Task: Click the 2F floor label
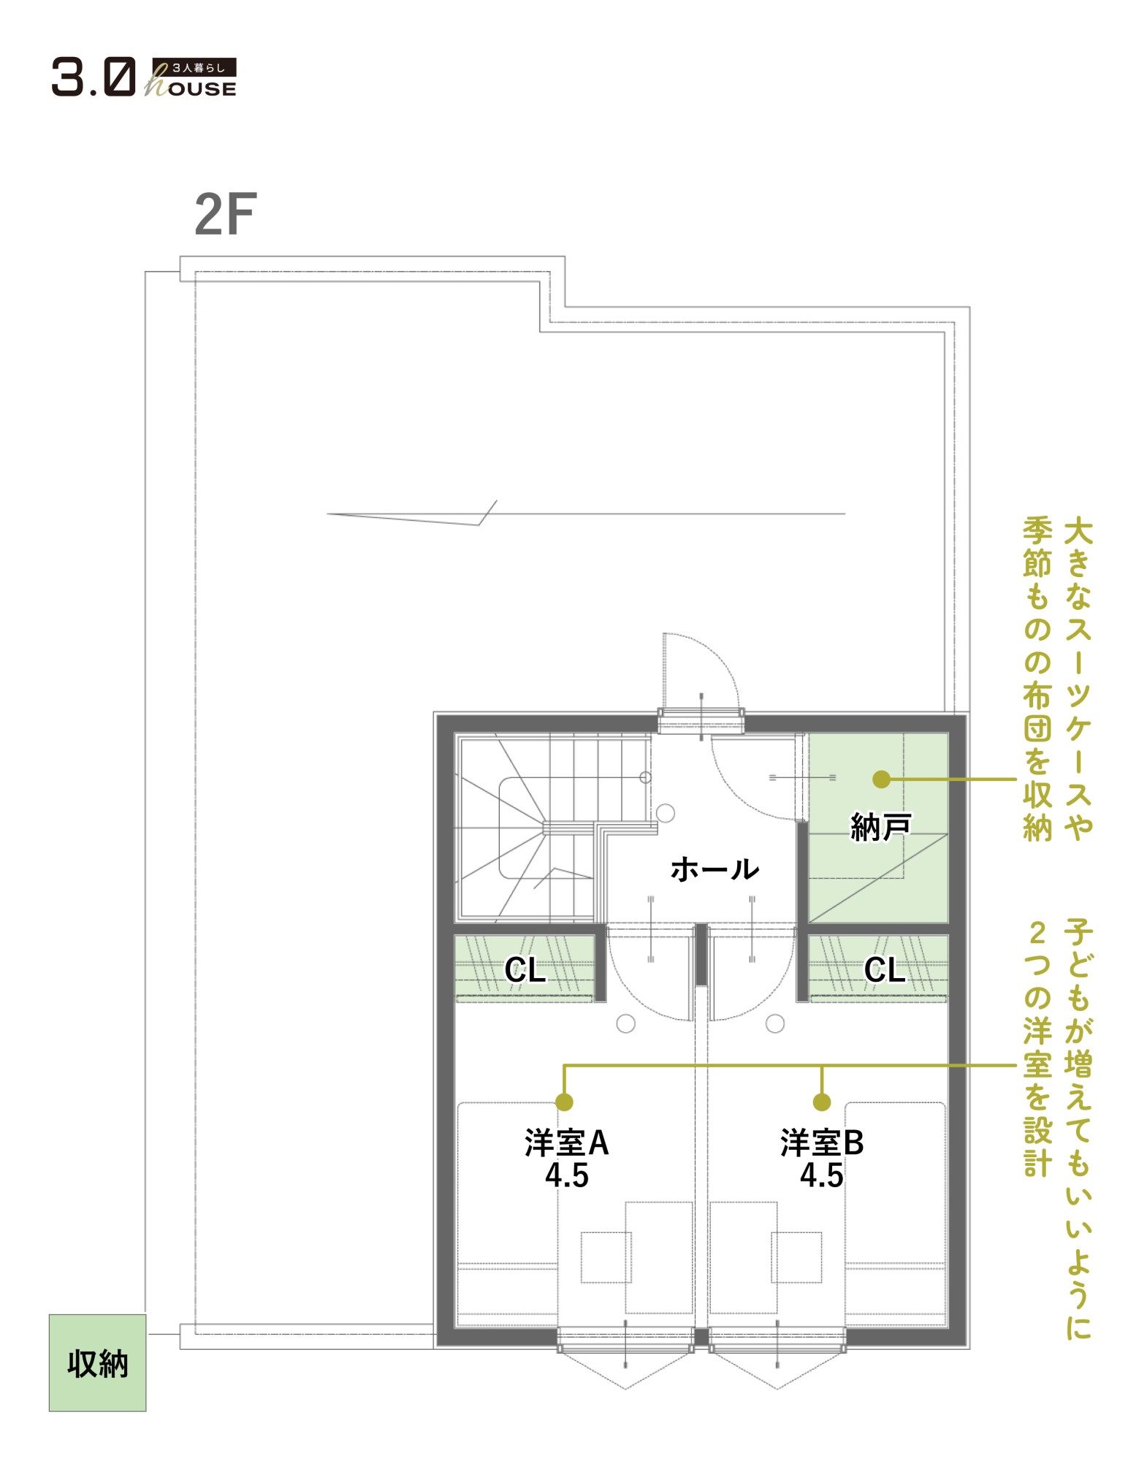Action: (225, 215)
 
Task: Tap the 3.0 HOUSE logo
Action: (144, 77)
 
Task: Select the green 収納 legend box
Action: (97, 1362)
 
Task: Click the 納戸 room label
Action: (880, 827)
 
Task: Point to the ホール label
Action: (715, 869)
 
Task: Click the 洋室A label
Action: (567, 1143)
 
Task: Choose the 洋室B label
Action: (822, 1143)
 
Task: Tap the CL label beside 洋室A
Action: (525, 970)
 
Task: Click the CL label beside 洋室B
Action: (885, 970)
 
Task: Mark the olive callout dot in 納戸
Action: (882, 779)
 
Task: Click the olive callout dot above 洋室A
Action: (564, 1102)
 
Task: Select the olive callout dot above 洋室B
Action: (822, 1102)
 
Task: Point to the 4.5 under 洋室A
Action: (567, 1175)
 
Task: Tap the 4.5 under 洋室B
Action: (822, 1175)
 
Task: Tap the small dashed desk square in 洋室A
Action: (606, 1257)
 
